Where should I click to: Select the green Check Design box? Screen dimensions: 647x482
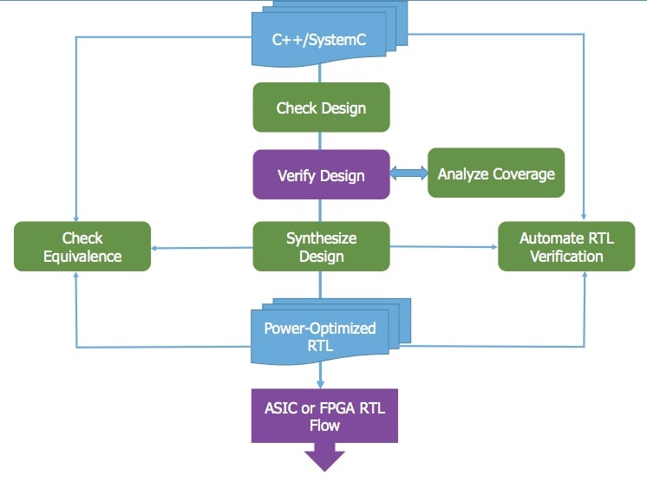[x=321, y=107]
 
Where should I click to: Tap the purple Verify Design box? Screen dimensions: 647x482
[x=321, y=174]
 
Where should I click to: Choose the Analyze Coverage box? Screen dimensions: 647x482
[x=496, y=173]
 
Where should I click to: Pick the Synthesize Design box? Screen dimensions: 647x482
[x=321, y=246]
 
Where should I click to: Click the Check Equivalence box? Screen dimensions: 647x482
[x=82, y=246]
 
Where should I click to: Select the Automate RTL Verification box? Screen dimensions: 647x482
[x=566, y=246]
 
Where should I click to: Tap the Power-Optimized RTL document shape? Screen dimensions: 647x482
[x=330, y=331]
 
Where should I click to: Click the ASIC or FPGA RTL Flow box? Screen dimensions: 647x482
[x=324, y=415]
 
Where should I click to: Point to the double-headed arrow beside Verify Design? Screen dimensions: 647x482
[x=408, y=173]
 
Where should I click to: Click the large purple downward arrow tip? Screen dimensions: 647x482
[x=324, y=470]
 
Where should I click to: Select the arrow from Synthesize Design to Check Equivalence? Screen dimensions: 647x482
[x=202, y=248]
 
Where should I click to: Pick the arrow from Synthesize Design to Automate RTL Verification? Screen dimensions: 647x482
[x=443, y=247]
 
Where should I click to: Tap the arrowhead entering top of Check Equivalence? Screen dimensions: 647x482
[x=76, y=218]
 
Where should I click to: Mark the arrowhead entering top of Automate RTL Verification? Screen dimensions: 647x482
[x=584, y=216]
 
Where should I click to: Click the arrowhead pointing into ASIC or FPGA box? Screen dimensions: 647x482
[x=320, y=385]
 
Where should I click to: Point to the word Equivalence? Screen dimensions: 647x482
[x=82, y=257]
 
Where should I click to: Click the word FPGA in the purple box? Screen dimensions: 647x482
[x=337, y=408]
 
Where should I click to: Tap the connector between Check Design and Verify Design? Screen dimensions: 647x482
[x=320, y=141]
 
